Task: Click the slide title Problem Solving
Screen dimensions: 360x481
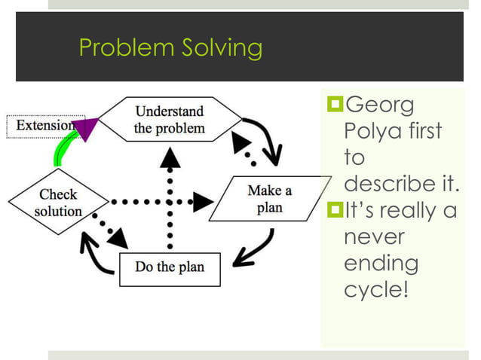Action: coord(170,48)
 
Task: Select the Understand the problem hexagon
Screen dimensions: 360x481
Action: coord(169,120)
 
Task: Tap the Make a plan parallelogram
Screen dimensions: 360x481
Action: coord(268,199)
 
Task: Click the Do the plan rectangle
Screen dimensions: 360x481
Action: coord(170,267)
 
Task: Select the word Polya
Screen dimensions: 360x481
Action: coord(369,132)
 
